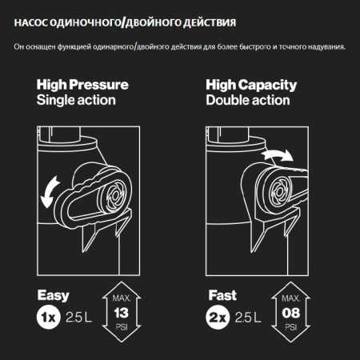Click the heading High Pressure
coord(82,85)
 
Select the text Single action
coord(76,100)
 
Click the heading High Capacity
coord(251,85)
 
